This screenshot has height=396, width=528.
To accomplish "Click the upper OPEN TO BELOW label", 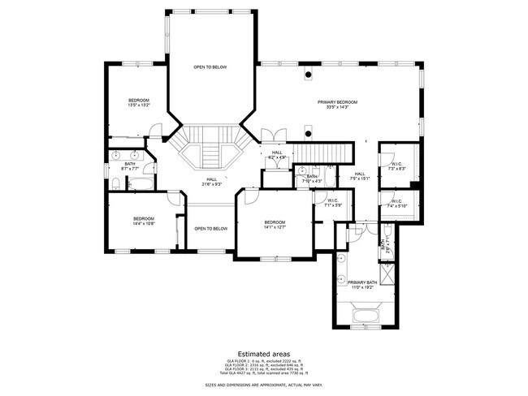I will (210, 67).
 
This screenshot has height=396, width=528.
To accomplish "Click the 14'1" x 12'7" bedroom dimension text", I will (274, 227).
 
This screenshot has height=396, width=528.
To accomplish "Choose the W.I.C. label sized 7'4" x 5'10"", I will (396, 204).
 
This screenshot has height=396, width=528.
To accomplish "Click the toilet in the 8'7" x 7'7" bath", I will (115, 185).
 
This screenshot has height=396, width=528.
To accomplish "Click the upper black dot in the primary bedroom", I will (308, 78).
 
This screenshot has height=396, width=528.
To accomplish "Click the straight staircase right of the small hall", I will (324, 153).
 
